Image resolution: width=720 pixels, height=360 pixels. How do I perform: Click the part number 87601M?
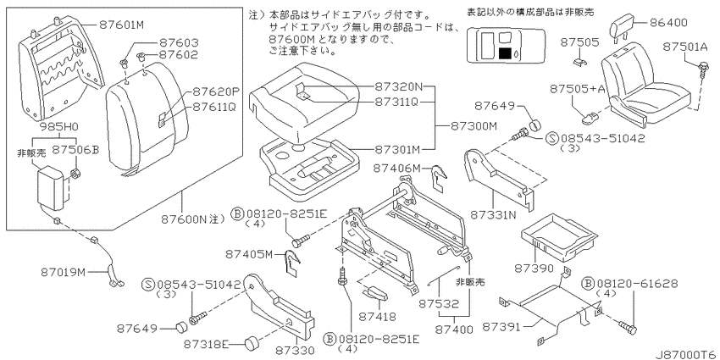[121, 25]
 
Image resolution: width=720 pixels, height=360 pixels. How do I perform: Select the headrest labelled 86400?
[623, 26]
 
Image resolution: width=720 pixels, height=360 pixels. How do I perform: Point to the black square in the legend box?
[505, 53]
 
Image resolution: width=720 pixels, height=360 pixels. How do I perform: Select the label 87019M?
[63, 273]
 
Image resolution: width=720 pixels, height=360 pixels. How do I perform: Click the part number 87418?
[376, 317]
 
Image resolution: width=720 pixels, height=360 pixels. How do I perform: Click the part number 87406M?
[396, 168]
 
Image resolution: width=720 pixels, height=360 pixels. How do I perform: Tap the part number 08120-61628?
[636, 284]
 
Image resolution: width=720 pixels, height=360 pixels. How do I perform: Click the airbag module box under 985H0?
[52, 188]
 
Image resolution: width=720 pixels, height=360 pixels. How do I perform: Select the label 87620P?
[217, 91]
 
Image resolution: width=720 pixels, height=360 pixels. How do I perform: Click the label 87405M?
[249, 254]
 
